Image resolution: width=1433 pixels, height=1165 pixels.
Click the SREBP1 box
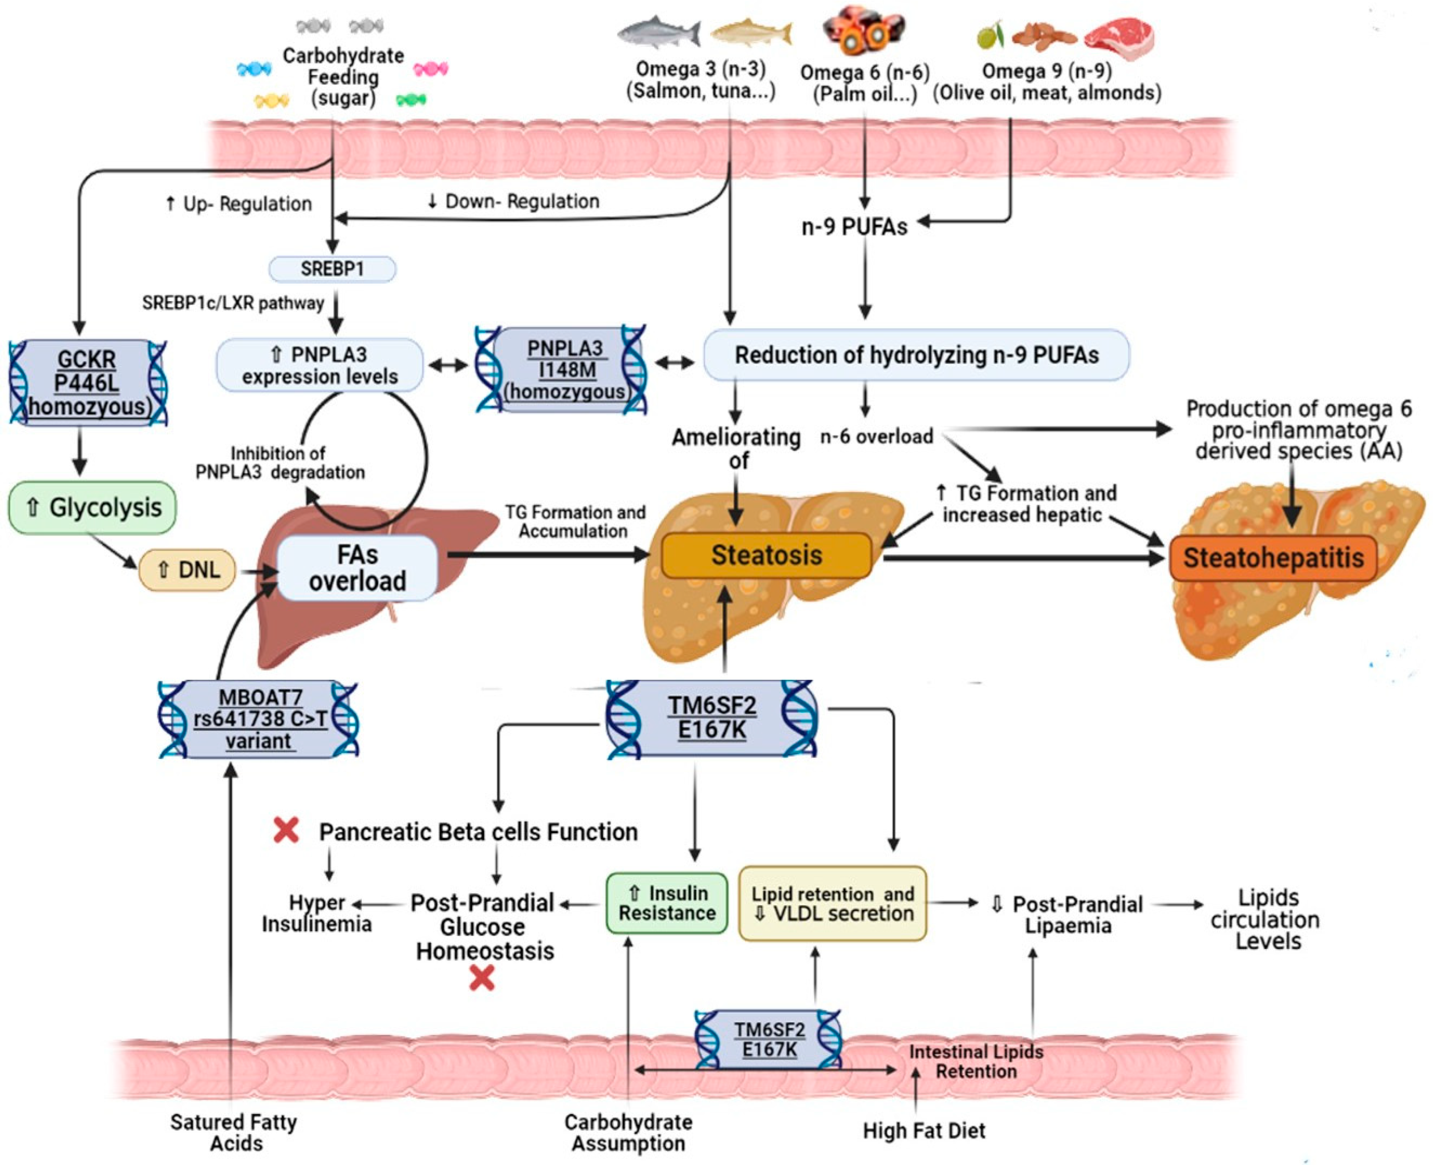click(x=332, y=269)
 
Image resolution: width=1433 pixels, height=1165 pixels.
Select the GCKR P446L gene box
click(x=87, y=382)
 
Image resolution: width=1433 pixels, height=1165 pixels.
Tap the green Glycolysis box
click(x=93, y=508)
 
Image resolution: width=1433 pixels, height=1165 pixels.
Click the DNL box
click(x=187, y=570)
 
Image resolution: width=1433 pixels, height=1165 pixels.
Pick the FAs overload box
click(x=357, y=568)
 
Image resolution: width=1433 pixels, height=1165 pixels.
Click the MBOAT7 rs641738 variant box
click(x=258, y=720)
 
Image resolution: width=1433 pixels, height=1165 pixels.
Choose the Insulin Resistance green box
click(x=666, y=903)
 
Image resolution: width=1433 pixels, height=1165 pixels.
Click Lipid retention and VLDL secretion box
click(x=832, y=903)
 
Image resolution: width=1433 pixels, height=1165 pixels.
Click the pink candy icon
click(x=430, y=68)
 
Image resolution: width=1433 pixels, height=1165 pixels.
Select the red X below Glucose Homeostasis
click(x=482, y=978)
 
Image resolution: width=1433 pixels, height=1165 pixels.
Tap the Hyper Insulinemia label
click(x=316, y=913)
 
